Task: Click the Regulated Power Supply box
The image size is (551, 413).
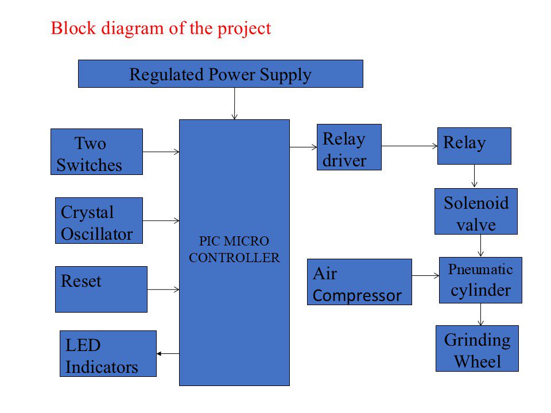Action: click(220, 74)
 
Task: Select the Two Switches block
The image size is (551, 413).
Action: click(96, 151)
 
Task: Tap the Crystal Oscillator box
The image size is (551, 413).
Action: click(99, 220)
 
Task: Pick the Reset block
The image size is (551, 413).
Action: click(101, 289)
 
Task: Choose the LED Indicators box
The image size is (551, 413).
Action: click(108, 354)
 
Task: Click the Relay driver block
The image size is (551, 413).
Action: click(349, 147)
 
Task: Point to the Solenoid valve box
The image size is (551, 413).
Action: click(476, 212)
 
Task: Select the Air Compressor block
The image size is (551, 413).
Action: click(359, 282)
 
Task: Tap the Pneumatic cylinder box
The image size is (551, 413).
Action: click(480, 280)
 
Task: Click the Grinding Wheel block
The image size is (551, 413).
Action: click(477, 348)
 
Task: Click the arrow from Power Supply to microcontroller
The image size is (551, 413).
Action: click(234, 104)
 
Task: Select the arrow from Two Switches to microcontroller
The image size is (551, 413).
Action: click(161, 151)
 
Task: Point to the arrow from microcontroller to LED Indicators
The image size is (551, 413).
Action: click(168, 354)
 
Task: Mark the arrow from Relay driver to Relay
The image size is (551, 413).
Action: click(409, 146)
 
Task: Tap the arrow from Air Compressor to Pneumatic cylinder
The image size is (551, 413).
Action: click(425, 276)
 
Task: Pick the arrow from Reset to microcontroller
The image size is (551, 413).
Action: click(164, 289)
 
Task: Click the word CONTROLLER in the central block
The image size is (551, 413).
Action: click(234, 258)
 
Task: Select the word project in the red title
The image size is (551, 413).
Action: click(245, 29)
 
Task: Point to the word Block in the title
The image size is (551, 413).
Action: click(73, 28)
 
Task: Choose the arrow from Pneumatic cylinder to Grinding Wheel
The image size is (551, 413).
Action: click(481, 314)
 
